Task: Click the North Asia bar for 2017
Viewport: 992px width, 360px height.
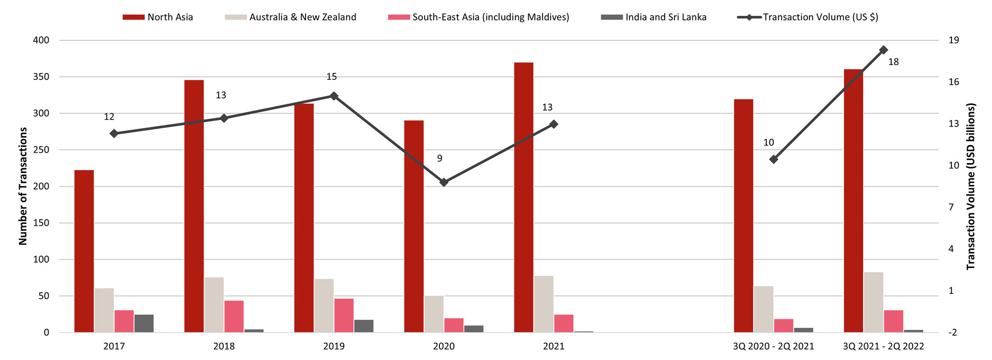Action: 84,251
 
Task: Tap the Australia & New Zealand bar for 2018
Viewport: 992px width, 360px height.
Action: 214,304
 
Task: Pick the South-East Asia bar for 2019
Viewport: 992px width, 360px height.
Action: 344,315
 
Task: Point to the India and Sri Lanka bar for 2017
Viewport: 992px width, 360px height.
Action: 144,323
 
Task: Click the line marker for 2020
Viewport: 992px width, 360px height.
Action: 444,182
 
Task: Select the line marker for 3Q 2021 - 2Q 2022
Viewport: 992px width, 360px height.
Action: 883,50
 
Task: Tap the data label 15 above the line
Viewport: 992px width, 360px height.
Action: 331,77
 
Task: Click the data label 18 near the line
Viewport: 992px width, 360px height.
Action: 893,62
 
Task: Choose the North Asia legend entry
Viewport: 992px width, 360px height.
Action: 158,17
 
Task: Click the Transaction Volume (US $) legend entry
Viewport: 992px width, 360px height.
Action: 808,17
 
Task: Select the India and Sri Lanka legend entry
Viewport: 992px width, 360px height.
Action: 654,17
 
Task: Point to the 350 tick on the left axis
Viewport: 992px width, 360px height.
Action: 41,77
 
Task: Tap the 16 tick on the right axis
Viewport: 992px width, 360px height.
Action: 953,82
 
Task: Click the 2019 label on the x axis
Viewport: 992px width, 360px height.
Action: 334,346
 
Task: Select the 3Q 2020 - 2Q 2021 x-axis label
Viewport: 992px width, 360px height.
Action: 773,346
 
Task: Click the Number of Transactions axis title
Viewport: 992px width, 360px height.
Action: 23,186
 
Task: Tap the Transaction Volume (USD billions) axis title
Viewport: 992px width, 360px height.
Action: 971,186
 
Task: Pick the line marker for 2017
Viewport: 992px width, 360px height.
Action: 114,133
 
